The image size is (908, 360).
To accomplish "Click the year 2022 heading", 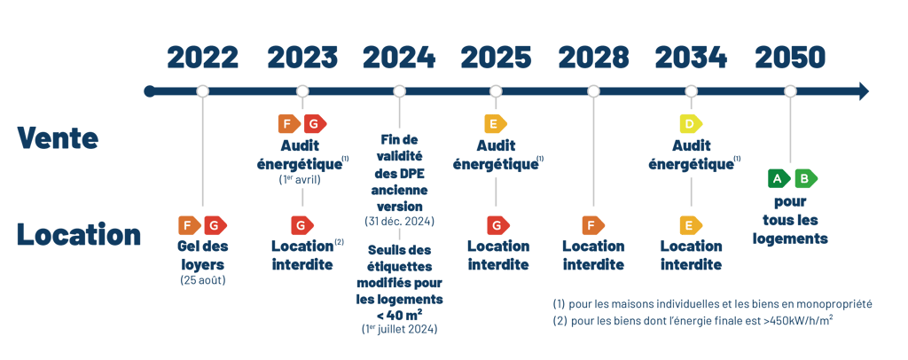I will tap(202, 58).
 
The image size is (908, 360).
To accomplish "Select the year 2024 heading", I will tap(399, 58).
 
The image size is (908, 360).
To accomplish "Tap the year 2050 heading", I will tap(790, 58).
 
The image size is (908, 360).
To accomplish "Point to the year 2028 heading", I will tap(593, 58).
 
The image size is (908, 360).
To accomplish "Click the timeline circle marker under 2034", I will tap(692, 91).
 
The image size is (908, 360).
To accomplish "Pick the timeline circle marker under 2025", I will tap(496, 91).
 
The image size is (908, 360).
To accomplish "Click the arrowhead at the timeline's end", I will tap(864, 90).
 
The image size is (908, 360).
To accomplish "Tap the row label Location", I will tap(78, 235).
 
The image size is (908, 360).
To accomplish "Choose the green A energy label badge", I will tap(779, 178).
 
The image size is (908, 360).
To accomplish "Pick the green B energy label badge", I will tap(805, 178).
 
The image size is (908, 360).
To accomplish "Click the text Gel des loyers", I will tap(202, 254).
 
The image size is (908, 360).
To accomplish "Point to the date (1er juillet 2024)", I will tap(399, 329).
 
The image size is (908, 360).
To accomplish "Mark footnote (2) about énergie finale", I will tap(692, 320).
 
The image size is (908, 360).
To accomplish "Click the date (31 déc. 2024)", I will tap(399, 221).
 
